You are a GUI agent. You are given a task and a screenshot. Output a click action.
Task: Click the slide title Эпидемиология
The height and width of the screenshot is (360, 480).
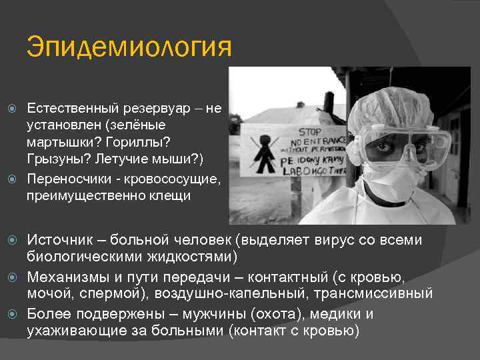(x=129, y=49)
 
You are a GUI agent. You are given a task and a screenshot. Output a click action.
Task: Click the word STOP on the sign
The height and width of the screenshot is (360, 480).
(x=309, y=132)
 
